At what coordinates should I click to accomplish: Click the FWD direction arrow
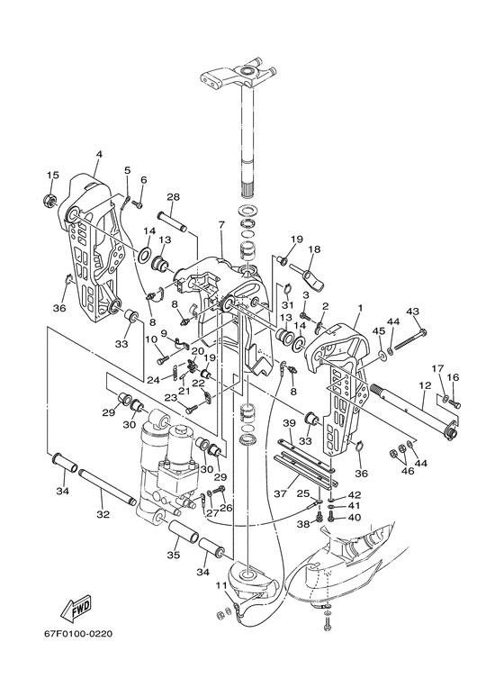pyautogui.click(x=76, y=609)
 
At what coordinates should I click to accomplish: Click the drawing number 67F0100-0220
pyautogui.click(x=72, y=633)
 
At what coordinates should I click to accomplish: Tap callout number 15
pyautogui.click(x=52, y=175)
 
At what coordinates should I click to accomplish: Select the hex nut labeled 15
pyautogui.click(x=49, y=201)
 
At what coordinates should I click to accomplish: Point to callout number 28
pyautogui.click(x=173, y=197)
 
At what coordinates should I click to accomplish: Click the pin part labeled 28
pyautogui.click(x=173, y=222)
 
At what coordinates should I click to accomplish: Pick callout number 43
pyautogui.click(x=412, y=312)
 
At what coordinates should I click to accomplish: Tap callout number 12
pyautogui.click(x=425, y=385)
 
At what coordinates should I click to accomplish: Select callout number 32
pyautogui.click(x=103, y=514)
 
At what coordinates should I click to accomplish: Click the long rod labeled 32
pyautogui.click(x=106, y=486)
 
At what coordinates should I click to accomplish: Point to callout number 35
pyautogui.click(x=174, y=555)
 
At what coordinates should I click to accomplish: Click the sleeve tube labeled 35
pyautogui.click(x=183, y=530)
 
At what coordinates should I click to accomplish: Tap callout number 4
pyautogui.click(x=99, y=154)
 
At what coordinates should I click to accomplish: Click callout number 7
pyautogui.click(x=221, y=225)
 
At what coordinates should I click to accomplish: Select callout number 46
pyautogui.click(x=408, y=471)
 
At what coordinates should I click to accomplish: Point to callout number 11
pyautogui.click(x=221, y=585)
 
